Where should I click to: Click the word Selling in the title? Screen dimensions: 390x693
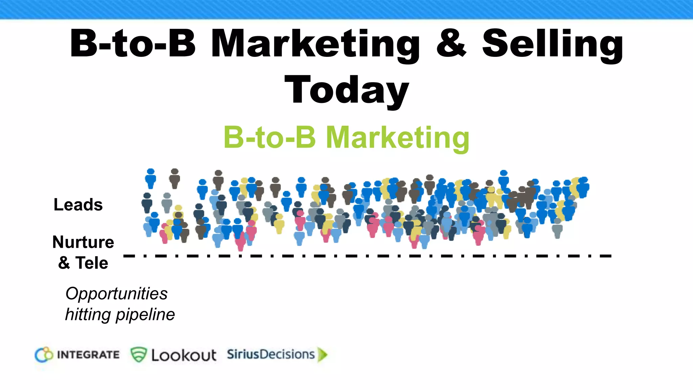coord(553,44)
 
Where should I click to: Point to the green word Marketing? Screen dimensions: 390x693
coord(398,137)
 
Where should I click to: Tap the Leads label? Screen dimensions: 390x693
coord(78,205)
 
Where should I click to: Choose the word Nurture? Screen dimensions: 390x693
coord(83,242)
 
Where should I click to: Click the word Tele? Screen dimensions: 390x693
coord(92,263)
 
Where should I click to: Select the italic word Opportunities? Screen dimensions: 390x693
coord(116,294)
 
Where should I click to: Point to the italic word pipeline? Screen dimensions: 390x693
coord(145,315)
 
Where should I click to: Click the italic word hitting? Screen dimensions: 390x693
coord(88,315)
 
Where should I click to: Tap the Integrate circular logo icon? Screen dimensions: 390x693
coord(44,355)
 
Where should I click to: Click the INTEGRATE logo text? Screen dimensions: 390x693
coord(88,355)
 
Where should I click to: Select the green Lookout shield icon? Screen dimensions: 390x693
coord(138,354)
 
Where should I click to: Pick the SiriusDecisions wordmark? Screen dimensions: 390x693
coord(271,354)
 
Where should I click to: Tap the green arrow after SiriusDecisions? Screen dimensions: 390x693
coord(323,355)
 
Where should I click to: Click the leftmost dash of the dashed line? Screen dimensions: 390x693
coord(129,256)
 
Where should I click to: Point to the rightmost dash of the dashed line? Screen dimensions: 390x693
coord(606,256)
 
